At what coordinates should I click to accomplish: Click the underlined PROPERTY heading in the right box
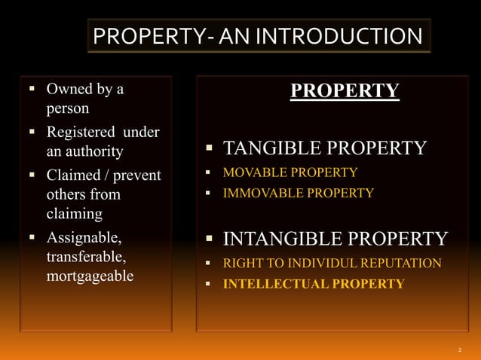(345, 91)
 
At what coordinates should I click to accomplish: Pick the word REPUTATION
(405, 263)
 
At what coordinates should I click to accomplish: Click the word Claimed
(74, 175)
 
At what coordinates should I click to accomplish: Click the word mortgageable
(90, 276)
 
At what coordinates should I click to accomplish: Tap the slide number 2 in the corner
(460, 350)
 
